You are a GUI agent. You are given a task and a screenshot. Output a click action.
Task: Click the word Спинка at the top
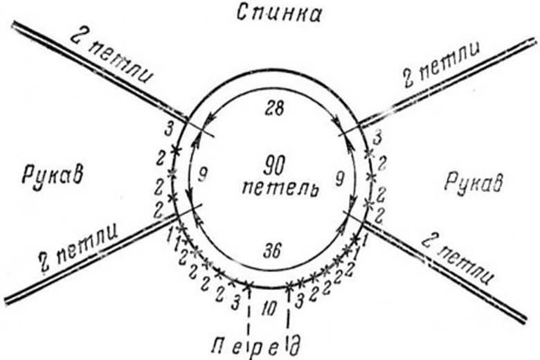tap(279, 14)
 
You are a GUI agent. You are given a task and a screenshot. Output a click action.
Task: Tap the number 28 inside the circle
tap(274, 109)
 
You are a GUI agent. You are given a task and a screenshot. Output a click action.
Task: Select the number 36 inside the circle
tap(272, 251)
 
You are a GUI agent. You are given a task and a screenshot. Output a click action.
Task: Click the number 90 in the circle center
tap(274, 166)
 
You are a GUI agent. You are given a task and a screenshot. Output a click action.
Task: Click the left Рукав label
tap(53, 174)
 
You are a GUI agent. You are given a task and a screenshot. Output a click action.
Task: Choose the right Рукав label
tap(474, 182)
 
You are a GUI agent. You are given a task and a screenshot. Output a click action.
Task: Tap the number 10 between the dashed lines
tap(269, 307)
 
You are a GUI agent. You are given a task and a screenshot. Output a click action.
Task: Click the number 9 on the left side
tap(204, 176)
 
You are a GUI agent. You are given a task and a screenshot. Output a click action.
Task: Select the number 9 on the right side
tap(340, 179)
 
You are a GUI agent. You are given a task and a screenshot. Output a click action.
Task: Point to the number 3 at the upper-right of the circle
tap(377, 138)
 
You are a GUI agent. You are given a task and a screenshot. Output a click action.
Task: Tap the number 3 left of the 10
tap(235, 303)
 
